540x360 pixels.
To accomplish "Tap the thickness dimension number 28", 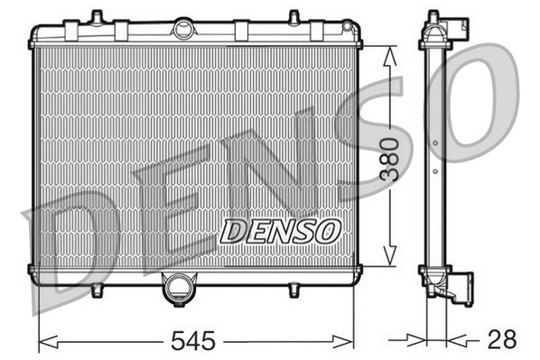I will pyautogui.click(x=501, y=339).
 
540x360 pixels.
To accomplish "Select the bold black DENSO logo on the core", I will pyautogui.click(x=280, y=231).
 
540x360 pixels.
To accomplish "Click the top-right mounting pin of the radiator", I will pyautogui.click(x=293, y=17).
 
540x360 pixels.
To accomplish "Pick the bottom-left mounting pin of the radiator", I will pyautogui.click(x=97, y=290).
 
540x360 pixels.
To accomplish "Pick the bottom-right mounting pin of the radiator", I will pyautogui.click(x=293, y=290).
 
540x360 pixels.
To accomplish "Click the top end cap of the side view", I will pyautogui.click(x=435, y=29).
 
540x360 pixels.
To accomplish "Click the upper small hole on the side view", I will pyautogui.click(x=435, y=142).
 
